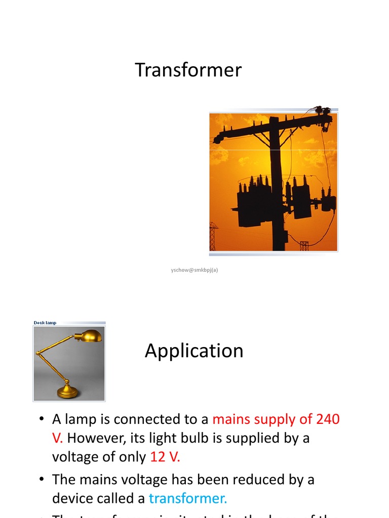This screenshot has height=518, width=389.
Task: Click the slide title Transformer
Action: pyautogui.click(x=188, y=70)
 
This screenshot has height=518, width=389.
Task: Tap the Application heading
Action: pyautogui.click(x=194, y=351)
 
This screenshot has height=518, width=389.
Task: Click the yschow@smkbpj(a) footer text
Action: pyautogui.click(x=194, y=270)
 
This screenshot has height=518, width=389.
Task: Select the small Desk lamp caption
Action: pyautogui.click(x=45, y=323)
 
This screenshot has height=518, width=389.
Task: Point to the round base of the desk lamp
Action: pyautogui.click(x=67, y=392)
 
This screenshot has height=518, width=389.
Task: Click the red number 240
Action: pyautogui.click(x=328, y=419)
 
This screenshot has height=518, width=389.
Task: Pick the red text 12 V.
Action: pyautogui.click(x=165, y=457)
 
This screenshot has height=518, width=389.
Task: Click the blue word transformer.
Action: pyautogui.click(x=188, y=498)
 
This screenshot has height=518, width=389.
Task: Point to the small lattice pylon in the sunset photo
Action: pyautogui.click(x=213, y=236)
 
